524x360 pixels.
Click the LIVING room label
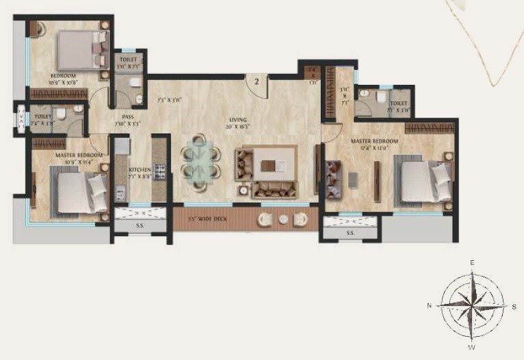[237, 120]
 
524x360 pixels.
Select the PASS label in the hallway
[128, 116]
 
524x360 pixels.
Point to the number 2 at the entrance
[257, 81]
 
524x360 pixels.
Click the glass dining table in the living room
[199, 163]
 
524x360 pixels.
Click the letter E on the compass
[472, 262]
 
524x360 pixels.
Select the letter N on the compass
[429, 306]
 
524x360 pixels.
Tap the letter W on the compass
[471, 347]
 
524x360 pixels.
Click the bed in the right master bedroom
[423, 180]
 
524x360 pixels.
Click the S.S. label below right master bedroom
[350, 233]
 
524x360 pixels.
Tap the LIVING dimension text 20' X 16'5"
[237, 127]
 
